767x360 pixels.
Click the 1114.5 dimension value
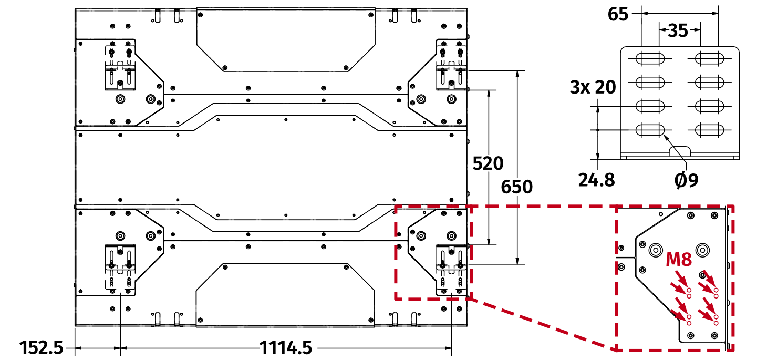point(286,347)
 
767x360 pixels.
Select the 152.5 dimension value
point(42,347)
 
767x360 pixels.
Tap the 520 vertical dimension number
point(488,164)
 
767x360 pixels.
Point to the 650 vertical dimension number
point(517,187)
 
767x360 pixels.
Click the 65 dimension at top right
point(618,14)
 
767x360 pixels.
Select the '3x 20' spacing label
point(593,87)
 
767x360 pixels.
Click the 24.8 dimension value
point(596,180)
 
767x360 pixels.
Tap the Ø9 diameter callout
point(686,180)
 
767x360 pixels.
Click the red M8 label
point(679,260)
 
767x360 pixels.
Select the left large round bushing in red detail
point(656,250)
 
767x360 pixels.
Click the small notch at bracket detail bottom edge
point(680,151)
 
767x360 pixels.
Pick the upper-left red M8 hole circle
point(689,290)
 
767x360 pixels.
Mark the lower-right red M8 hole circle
point(715,317)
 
